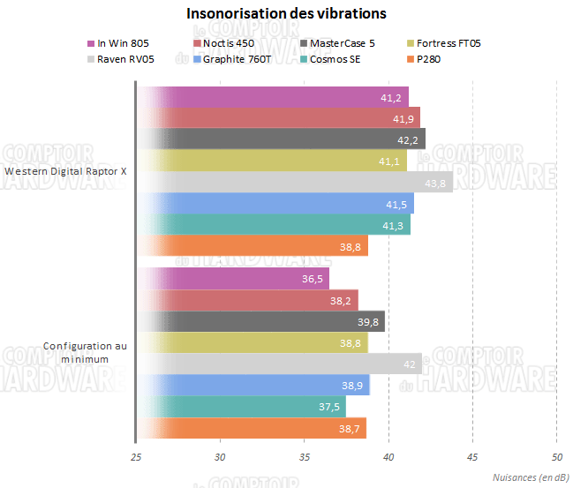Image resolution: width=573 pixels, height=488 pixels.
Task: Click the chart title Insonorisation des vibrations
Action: coord(286,14)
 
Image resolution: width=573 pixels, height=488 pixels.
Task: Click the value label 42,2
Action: coord(408,140)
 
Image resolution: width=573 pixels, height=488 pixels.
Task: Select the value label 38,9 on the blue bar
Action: coord(352,386)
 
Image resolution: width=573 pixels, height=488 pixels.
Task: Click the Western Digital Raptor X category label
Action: coord(65,172)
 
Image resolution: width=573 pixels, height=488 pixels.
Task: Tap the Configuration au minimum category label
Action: coord(84,353)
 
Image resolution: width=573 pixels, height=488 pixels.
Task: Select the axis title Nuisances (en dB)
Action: coord(529,477)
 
